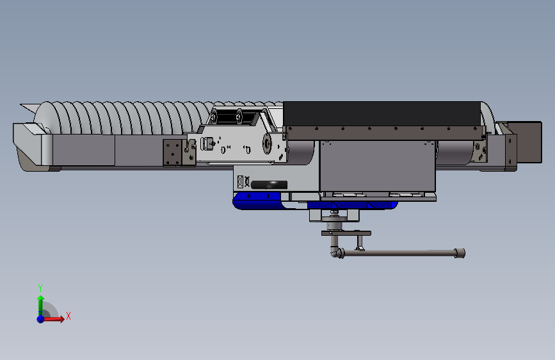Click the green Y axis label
[x=40, y=288]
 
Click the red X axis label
[x=68, y=316]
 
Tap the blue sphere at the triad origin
[x=41, y=319]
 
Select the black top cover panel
[x=382, y=113]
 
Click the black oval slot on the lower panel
[x=269, y=184]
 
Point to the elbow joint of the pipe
[x=336, y=252]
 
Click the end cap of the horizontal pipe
[x=460, y=253]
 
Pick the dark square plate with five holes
[x=172, y=152]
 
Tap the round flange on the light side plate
[x=267, y=143]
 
